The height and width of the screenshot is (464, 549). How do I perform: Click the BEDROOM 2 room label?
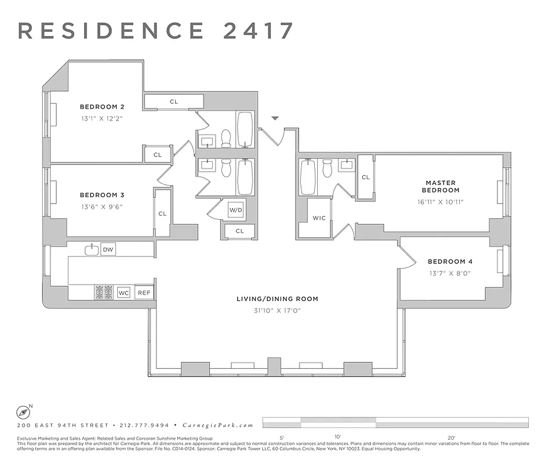(x=102, y=107)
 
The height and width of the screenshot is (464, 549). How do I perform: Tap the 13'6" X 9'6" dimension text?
(x=102, y=206)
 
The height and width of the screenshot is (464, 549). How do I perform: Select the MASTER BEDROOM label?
(x=441, y=187)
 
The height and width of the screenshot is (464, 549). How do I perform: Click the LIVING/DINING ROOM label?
(x=277, y=299)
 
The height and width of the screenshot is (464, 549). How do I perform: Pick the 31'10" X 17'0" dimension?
(x=277, y=311)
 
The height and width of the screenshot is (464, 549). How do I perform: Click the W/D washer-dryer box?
(x=235, y=210)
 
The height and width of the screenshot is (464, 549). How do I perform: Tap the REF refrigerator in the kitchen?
(x=144, y=293)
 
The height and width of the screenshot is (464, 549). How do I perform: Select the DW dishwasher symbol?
(x=108, y=250)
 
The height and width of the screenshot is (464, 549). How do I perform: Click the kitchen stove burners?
(x=104, y=292)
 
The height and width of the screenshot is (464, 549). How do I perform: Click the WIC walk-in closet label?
(x=319, y=219)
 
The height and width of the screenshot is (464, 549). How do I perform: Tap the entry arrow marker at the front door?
(x=275, y=118)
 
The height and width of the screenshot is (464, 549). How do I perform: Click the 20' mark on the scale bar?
(x=451, y=437)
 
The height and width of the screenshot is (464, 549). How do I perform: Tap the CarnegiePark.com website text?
(x=218, y=425)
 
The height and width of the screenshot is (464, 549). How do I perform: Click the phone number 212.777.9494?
(x=148, y=425)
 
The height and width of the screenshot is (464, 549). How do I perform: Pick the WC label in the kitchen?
(x=123, y=293)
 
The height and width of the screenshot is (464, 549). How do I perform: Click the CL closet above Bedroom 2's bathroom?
(x=174, y=101)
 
